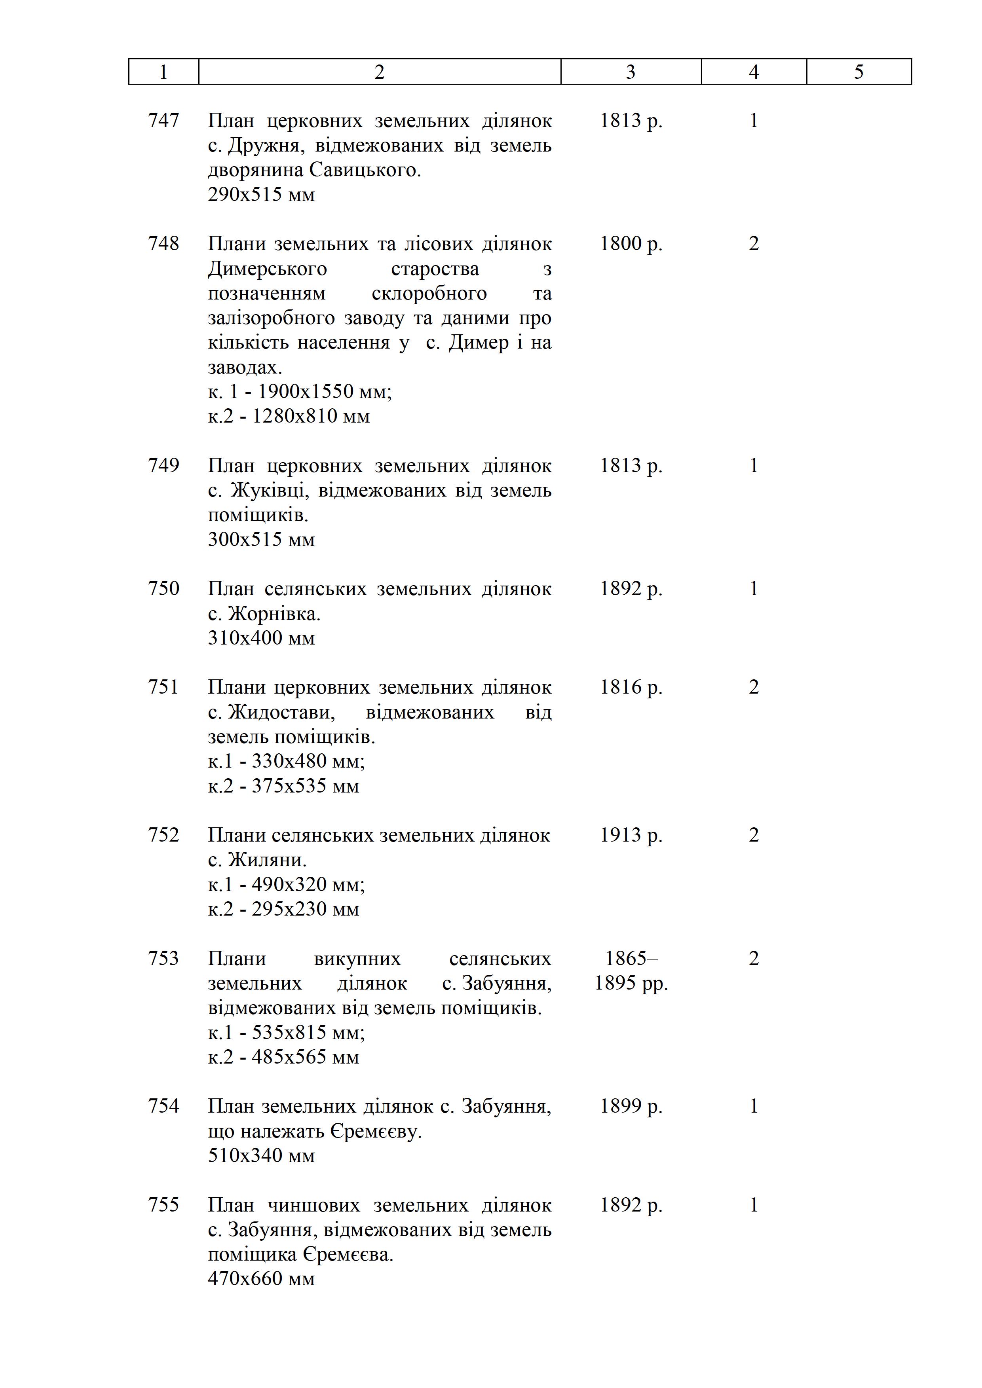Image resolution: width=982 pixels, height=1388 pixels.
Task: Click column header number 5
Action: click(x=859, y=72)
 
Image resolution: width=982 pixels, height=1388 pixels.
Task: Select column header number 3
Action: click(x=631, y=72)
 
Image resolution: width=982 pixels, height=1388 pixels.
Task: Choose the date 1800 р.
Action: click(x=631, y=244)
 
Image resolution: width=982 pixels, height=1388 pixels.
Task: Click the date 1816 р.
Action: click(x=631, y=687)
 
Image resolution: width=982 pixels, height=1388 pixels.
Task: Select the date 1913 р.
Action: click(x=631, y=835)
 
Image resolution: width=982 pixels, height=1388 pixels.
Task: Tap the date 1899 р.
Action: click(x=631, y=1105)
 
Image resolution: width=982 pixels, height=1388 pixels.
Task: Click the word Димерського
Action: click(x=267, y=268)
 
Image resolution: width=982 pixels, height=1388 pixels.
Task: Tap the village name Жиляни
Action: click(x=267, y=860)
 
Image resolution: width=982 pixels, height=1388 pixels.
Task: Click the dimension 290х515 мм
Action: click(x=261, y=195)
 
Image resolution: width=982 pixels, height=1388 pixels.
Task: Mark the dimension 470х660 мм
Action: click(x=261, y=1278)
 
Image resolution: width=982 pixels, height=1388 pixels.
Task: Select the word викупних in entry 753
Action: click(x=357, y=958)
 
